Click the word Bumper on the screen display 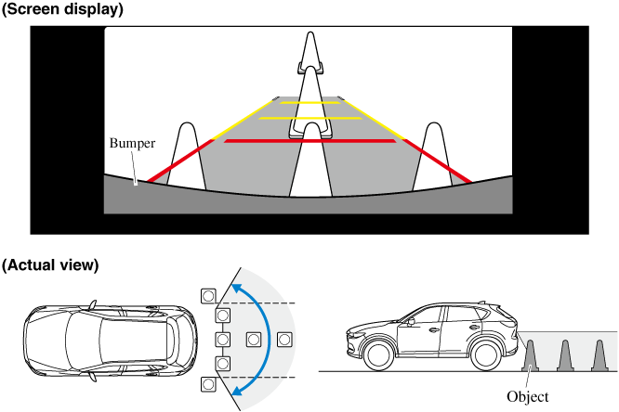pos(131,145)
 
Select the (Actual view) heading pos(50,264)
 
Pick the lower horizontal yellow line pos(309,119)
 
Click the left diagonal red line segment pos(181,161)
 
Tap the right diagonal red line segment pos(437,161)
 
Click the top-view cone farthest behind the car pos(252,340)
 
